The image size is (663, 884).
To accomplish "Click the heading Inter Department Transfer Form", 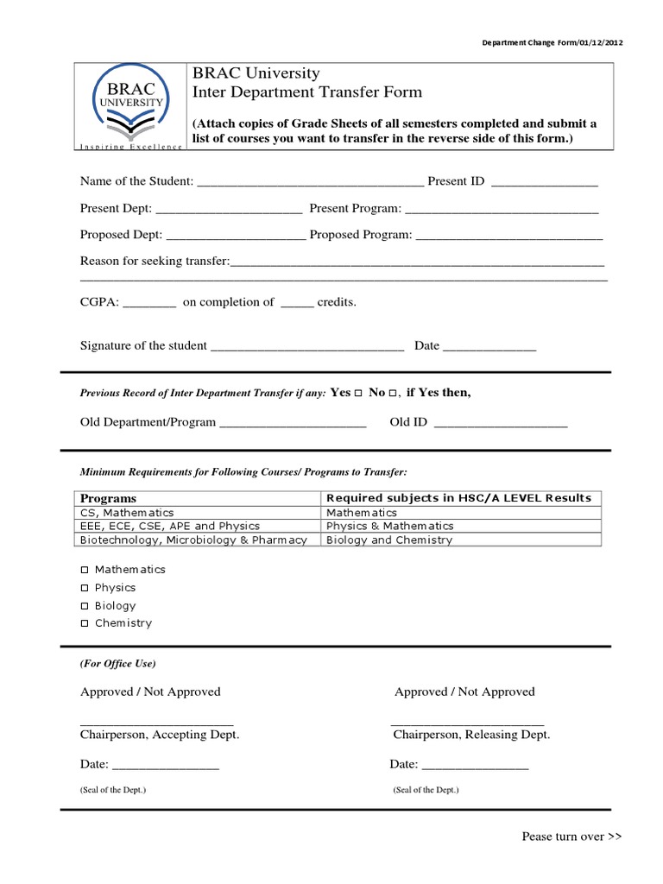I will pos(307,92).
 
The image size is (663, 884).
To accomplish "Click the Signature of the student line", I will pos(307,347).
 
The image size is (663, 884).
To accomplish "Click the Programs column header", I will pos(109,498).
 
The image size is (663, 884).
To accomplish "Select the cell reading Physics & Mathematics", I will pos(389,526).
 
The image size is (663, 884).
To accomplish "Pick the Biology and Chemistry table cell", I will pos(388,540).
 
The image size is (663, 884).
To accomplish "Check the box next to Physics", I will pos(85,588).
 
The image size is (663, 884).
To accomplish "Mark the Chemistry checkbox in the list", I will pos(85,623).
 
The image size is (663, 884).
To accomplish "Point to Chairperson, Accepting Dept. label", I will pos(160,735).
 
